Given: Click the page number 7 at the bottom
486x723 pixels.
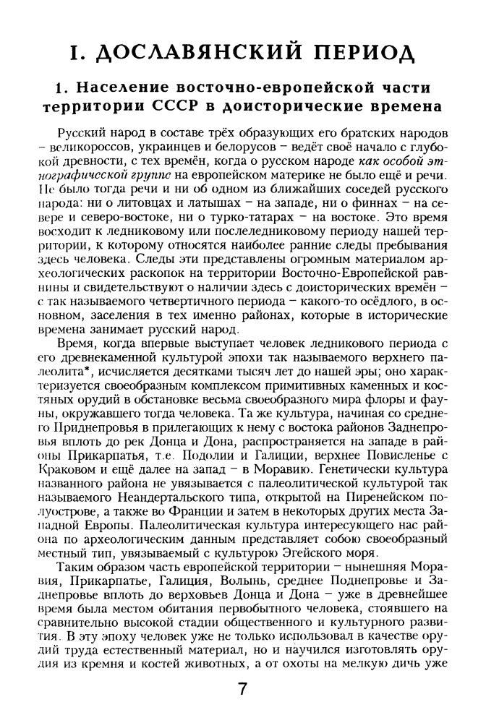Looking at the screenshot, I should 243,689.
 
